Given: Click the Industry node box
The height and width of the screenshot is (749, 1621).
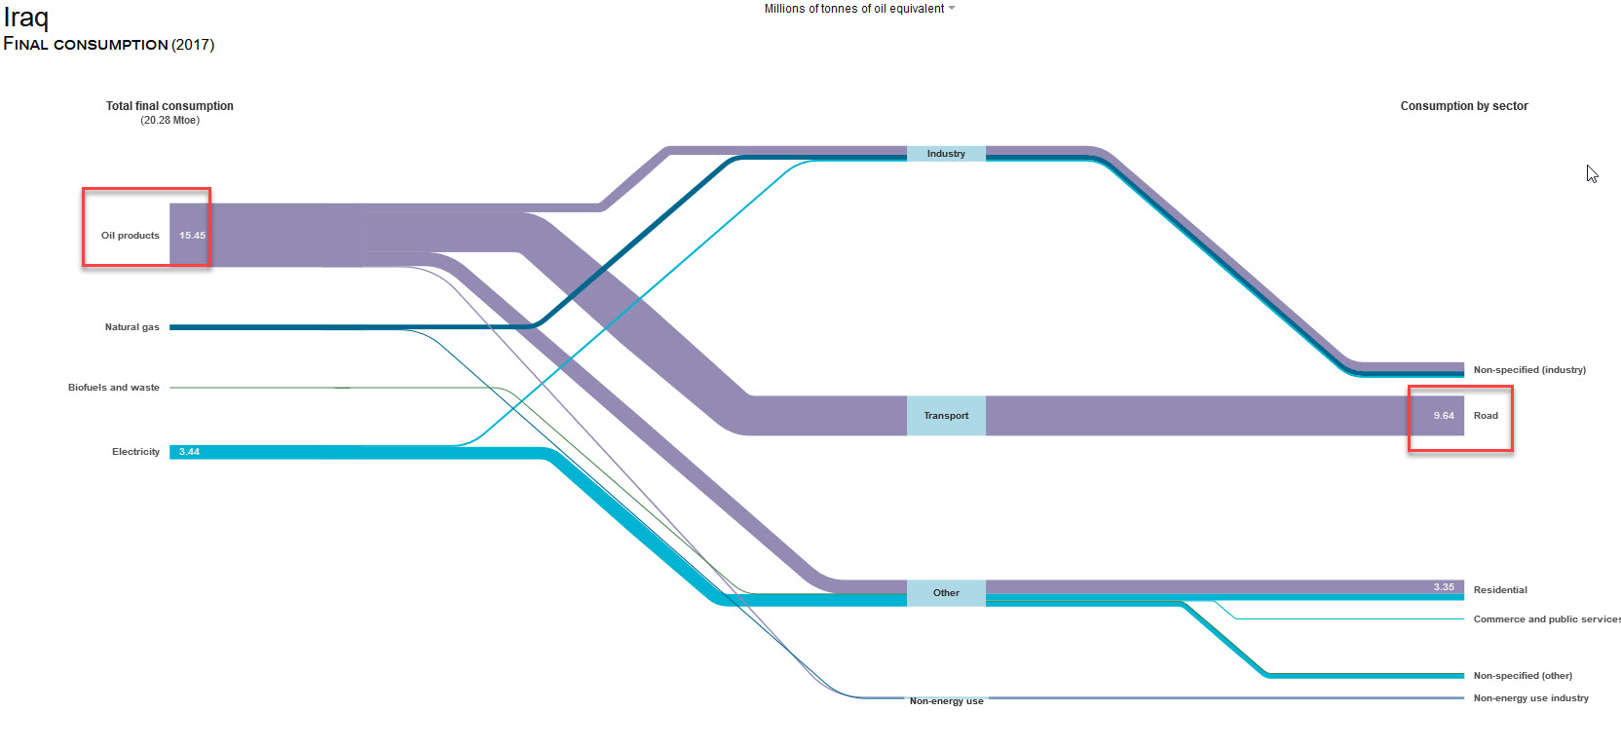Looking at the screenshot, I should tap(946, 154).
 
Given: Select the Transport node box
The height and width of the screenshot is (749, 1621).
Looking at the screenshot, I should tap(946, 416).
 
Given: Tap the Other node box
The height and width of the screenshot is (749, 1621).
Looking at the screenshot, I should tap(946, 593).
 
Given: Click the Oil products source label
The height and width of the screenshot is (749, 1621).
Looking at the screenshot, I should tap(131, 236).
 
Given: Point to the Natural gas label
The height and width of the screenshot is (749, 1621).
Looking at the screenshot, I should tap(132, 327).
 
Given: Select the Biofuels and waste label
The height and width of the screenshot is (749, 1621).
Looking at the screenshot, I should tap(114, 388).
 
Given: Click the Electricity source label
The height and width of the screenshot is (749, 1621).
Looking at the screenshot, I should tap(135, 452).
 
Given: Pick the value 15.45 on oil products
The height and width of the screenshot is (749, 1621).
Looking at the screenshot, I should tap(192, 236).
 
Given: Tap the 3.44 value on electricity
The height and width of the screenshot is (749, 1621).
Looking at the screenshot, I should tap(189, 452).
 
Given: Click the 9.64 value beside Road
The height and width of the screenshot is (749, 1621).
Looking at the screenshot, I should tap(1444, 416).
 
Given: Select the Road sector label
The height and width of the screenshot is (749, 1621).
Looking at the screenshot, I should tap(1486, 416).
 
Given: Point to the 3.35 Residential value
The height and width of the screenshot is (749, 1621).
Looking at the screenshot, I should tap(1444, 587).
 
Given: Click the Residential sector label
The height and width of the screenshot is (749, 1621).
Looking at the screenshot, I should tap(1500, 590).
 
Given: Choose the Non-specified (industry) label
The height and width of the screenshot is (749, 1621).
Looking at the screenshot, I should tap(1529, 370).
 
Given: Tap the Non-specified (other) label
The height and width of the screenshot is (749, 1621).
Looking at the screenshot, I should tap(1523, 676).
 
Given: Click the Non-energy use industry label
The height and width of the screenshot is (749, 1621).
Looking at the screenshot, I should tap(1530, 698).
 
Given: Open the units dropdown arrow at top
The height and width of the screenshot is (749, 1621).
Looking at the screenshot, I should tap(952, 9).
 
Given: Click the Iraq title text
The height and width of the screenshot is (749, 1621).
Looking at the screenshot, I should tap(26, 18).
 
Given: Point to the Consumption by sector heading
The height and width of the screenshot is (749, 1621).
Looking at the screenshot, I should tap(1464, 106).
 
